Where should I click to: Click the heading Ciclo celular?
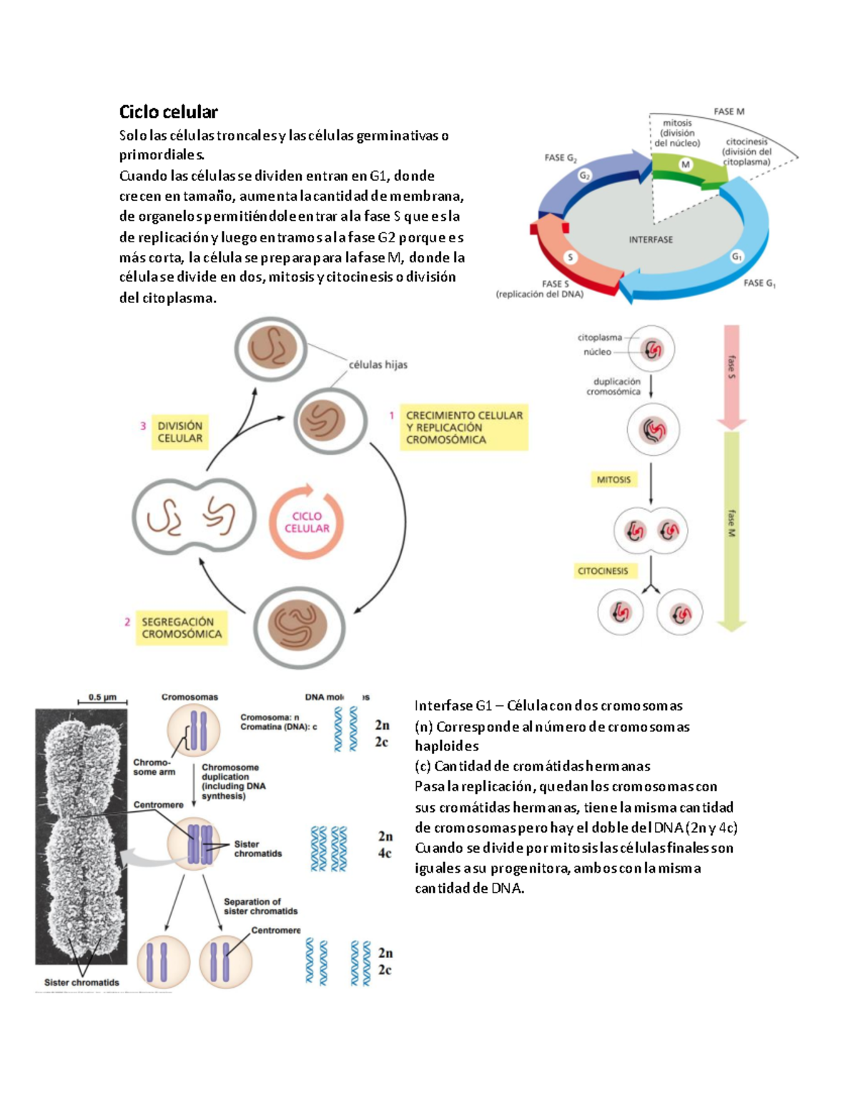tap(168, 112)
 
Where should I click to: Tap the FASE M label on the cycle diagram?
tap(729, 112)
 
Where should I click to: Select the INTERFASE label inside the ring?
tap(651, 239)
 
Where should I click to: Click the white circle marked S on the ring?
tap(570, 257)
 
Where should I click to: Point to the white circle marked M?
tap(686, 164)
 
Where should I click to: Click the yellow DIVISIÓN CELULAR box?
tap(179, 432)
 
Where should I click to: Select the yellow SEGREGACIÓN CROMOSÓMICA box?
tap(182, 628)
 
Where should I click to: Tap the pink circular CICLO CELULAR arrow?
tap(307, 522)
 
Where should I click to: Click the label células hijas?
tap(378, 365)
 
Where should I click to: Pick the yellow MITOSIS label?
tap(613, 480)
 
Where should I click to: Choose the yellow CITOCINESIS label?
tap(603, 570)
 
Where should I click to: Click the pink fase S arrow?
tap(731, 375)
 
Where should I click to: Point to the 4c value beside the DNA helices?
tap(385, 853)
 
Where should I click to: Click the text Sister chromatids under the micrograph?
tap(82, 982)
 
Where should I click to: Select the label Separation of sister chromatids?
tap(260, 906)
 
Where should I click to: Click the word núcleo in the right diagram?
tap(597, 352)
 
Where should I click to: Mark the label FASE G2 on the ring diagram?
tap(561, 157)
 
